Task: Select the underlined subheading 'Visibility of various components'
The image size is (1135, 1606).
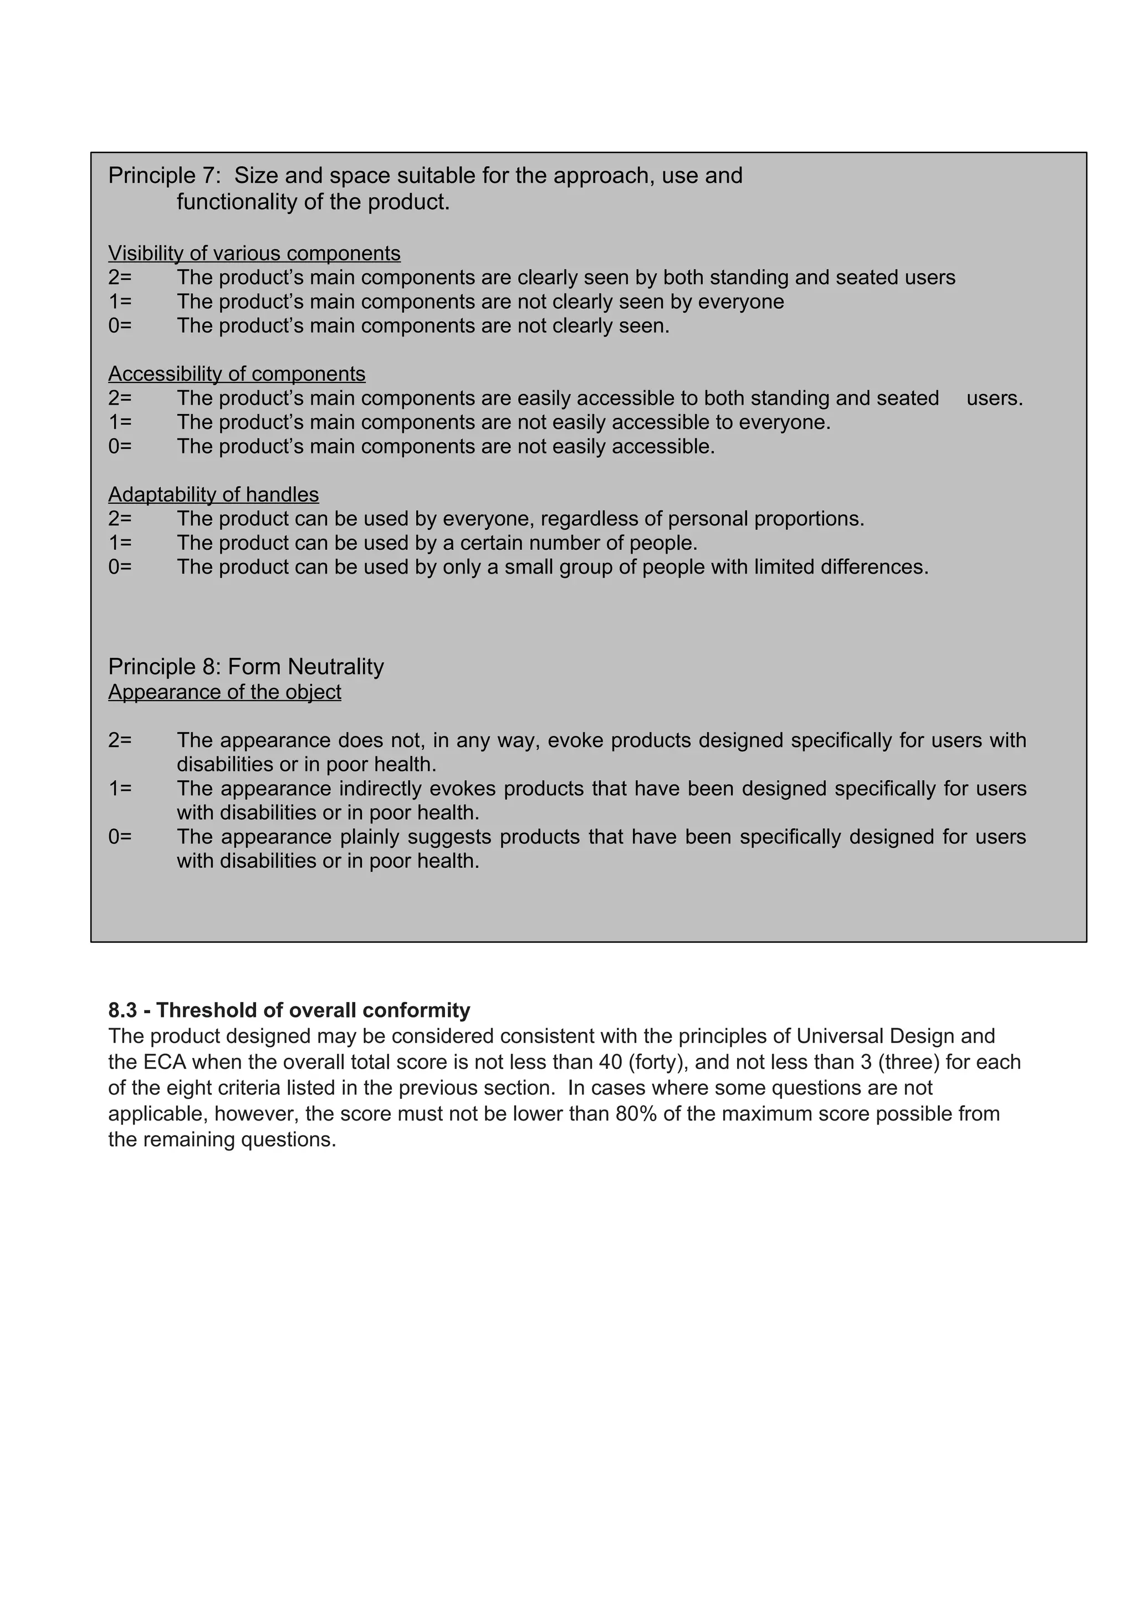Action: pyautogui.click(x=254, y=253)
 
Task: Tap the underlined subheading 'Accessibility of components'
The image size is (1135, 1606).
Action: pyautogui.click(x=237, y=374)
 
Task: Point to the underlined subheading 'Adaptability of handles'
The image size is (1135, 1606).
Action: pyautogui.click(x=213, y=494)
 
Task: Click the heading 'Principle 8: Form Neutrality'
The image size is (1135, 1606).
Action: pyautogui.click(x=246, y=667)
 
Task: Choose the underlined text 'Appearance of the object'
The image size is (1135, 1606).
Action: pyautogui.click(x=224, y=692)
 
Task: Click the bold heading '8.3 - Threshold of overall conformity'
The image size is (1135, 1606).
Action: pyautogui.click(x=289, y=1010)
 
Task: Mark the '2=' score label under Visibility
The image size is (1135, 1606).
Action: pyautogui.click(x=120, y=278)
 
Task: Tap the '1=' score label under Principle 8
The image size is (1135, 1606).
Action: pyautogui.click(x=120, y=788)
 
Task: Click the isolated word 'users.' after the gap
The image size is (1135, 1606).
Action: pyautogui.click(x=994, y=398)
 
